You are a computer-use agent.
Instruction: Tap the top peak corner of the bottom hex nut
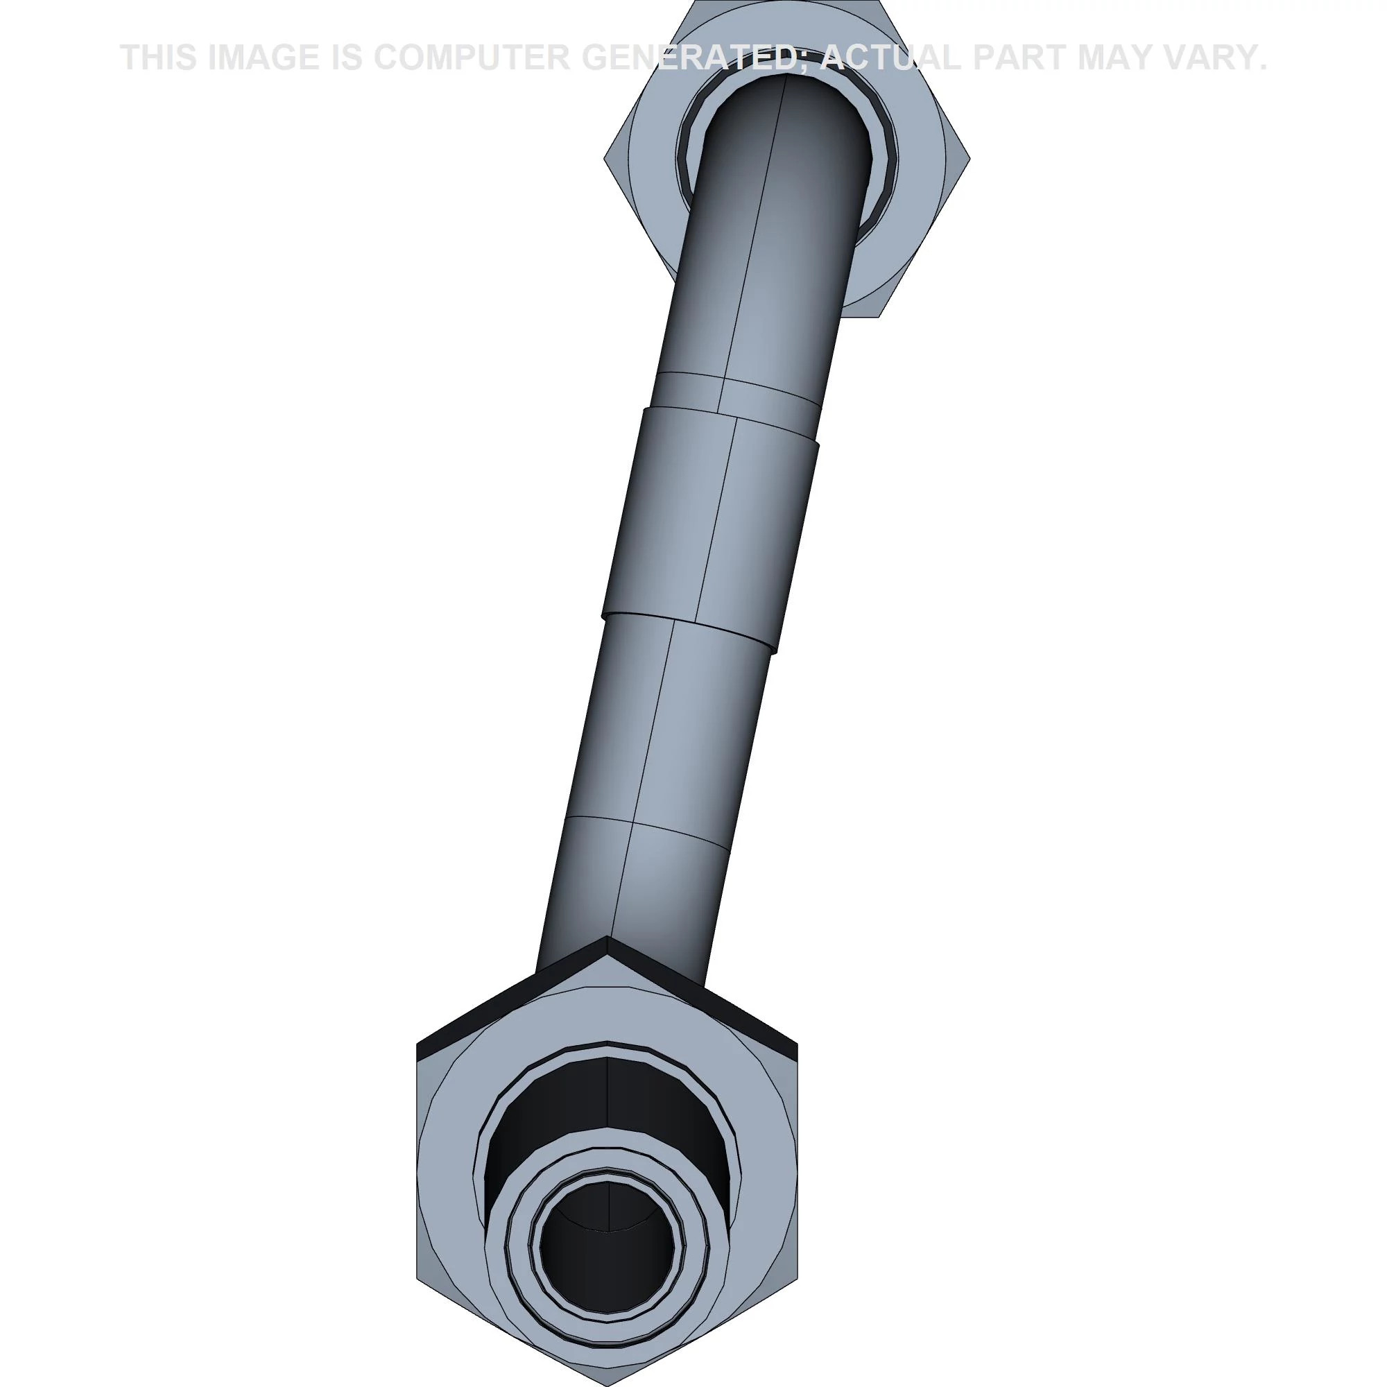608,936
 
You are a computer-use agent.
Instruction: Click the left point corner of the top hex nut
605,158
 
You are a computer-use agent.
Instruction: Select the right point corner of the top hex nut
971,158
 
